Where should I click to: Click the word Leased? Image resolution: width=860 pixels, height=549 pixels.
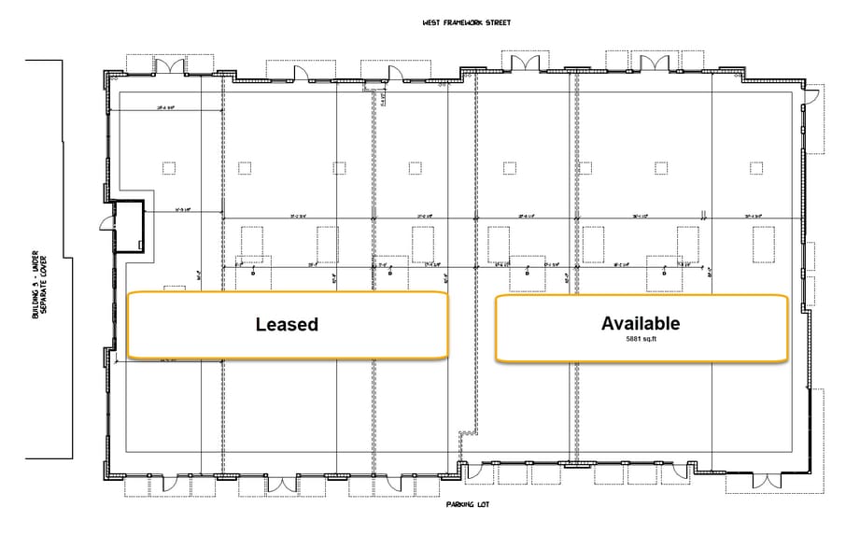coord(287,325)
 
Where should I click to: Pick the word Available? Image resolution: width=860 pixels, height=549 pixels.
coord(640,323)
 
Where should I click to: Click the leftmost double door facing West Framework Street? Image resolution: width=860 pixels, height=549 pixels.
coord(169,65)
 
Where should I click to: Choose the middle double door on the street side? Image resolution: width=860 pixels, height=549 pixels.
coord(521,62)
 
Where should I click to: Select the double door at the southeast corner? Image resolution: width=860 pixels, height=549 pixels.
coord(766,480)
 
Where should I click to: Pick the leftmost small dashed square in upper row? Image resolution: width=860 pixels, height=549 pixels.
coord(168,168)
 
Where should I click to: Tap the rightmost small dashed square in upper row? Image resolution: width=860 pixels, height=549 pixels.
coord(757,168)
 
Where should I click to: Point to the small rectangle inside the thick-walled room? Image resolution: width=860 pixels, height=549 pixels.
coord(139,245)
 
